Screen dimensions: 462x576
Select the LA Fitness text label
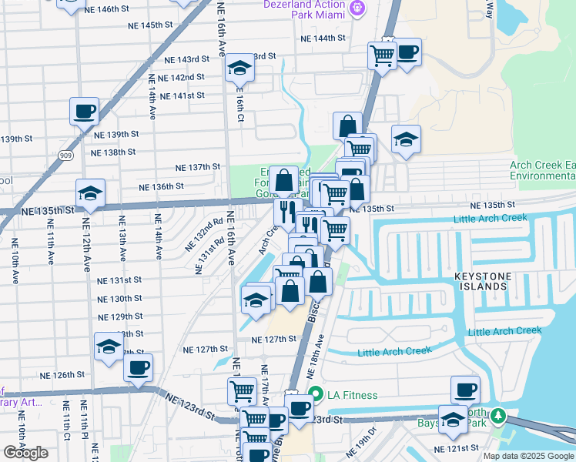pos(353,396)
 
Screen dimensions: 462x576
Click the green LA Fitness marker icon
pos(315,395)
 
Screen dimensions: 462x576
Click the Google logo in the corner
pos(25,453)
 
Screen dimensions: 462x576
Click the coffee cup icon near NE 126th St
pos(138,368)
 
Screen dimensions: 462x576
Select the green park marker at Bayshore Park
pos(498,417)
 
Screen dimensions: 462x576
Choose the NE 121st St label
pos(455,448)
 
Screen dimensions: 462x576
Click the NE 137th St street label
pos(198,167)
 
